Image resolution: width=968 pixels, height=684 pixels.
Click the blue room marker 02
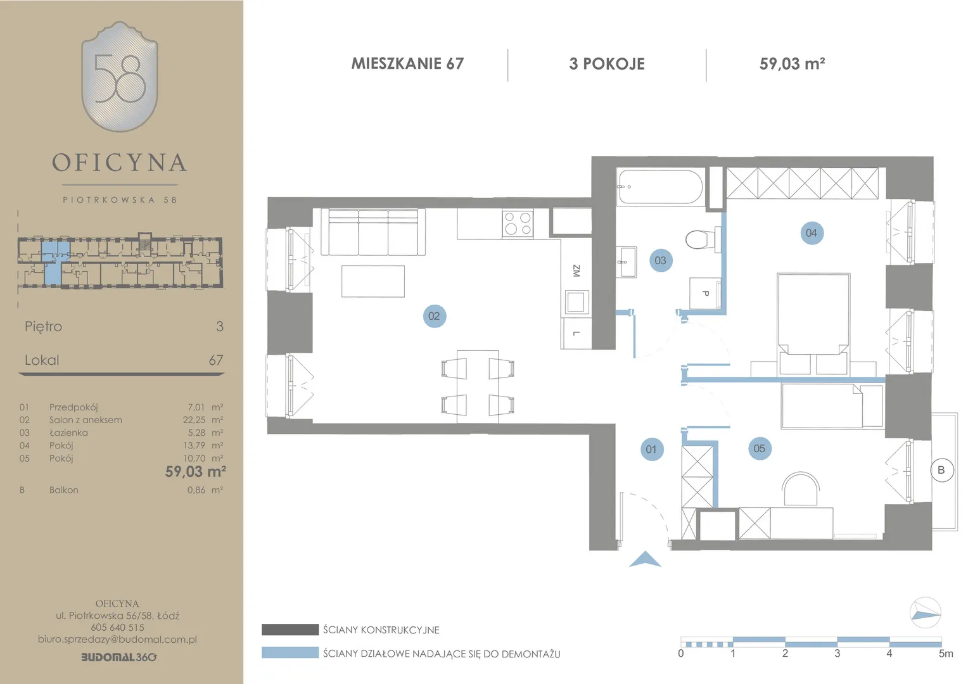tap(435, 316)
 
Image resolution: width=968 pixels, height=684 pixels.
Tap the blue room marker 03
tap(661, 260)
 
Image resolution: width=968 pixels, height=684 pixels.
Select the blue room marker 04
tap(812, 233)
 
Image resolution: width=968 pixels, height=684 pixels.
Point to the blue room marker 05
tap(760, 448)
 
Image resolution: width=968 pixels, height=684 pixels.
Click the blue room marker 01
tap(652, 450)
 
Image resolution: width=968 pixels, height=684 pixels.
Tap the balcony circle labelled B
tap(941, 470)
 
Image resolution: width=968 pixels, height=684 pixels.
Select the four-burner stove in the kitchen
tap(518, 224)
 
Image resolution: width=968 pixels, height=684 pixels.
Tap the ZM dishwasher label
tap(576, 271)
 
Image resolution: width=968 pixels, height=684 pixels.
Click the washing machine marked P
tap(705, 293)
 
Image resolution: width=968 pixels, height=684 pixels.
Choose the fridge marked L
tap(576, 333)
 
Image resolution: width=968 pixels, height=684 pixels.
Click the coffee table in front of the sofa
tap(373, 281)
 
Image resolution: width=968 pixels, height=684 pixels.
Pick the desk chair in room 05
tap(801, 488)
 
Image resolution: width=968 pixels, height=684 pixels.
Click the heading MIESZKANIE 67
tap(407, 63)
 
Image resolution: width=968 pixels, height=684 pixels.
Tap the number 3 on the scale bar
tap(837, 654)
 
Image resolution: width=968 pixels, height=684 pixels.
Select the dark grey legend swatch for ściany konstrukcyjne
tap(290, 630)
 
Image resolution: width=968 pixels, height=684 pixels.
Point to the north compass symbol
tap(925, 612)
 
